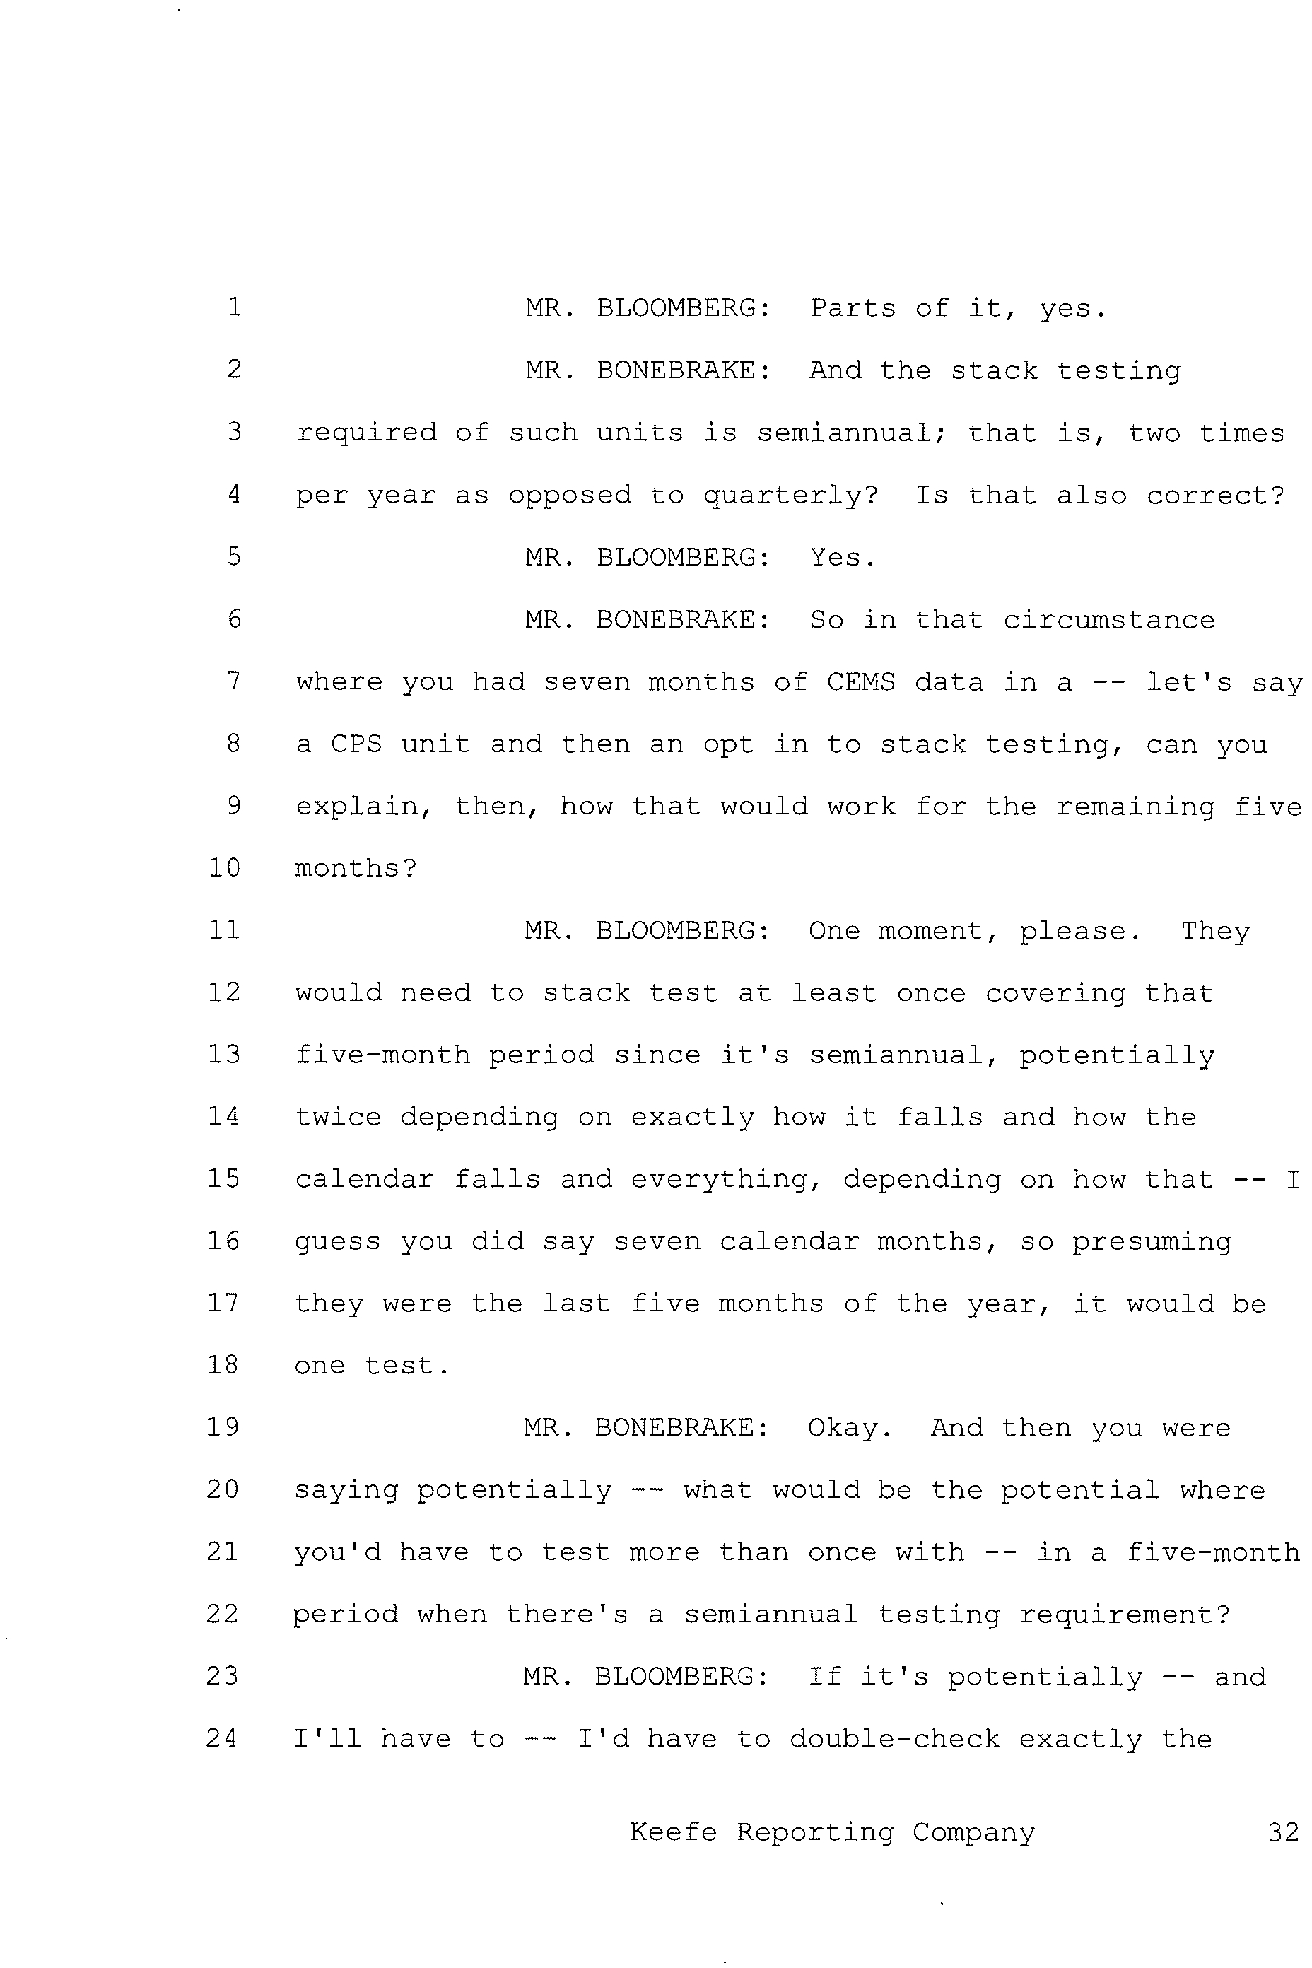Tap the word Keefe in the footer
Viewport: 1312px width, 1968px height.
coord(674,1832)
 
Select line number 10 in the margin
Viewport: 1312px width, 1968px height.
coord(224,867)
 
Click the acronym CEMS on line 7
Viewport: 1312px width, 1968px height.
coord(861,682)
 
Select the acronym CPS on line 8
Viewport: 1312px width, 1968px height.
coord(356,744)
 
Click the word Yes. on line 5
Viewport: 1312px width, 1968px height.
coord(843,557)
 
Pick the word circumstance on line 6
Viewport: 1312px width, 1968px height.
coord(1108,620)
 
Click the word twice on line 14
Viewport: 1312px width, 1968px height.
coord(338,1117)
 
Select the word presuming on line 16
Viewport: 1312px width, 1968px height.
coord(1152,1242)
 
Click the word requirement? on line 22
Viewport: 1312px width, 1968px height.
coord(1125,1615)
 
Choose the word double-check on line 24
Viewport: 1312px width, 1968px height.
coord(894,1740)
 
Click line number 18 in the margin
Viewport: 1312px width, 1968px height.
coord(223,1366)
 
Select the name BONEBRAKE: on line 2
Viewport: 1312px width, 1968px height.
coord(683,370)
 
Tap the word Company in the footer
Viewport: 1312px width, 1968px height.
coord(973,1832)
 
